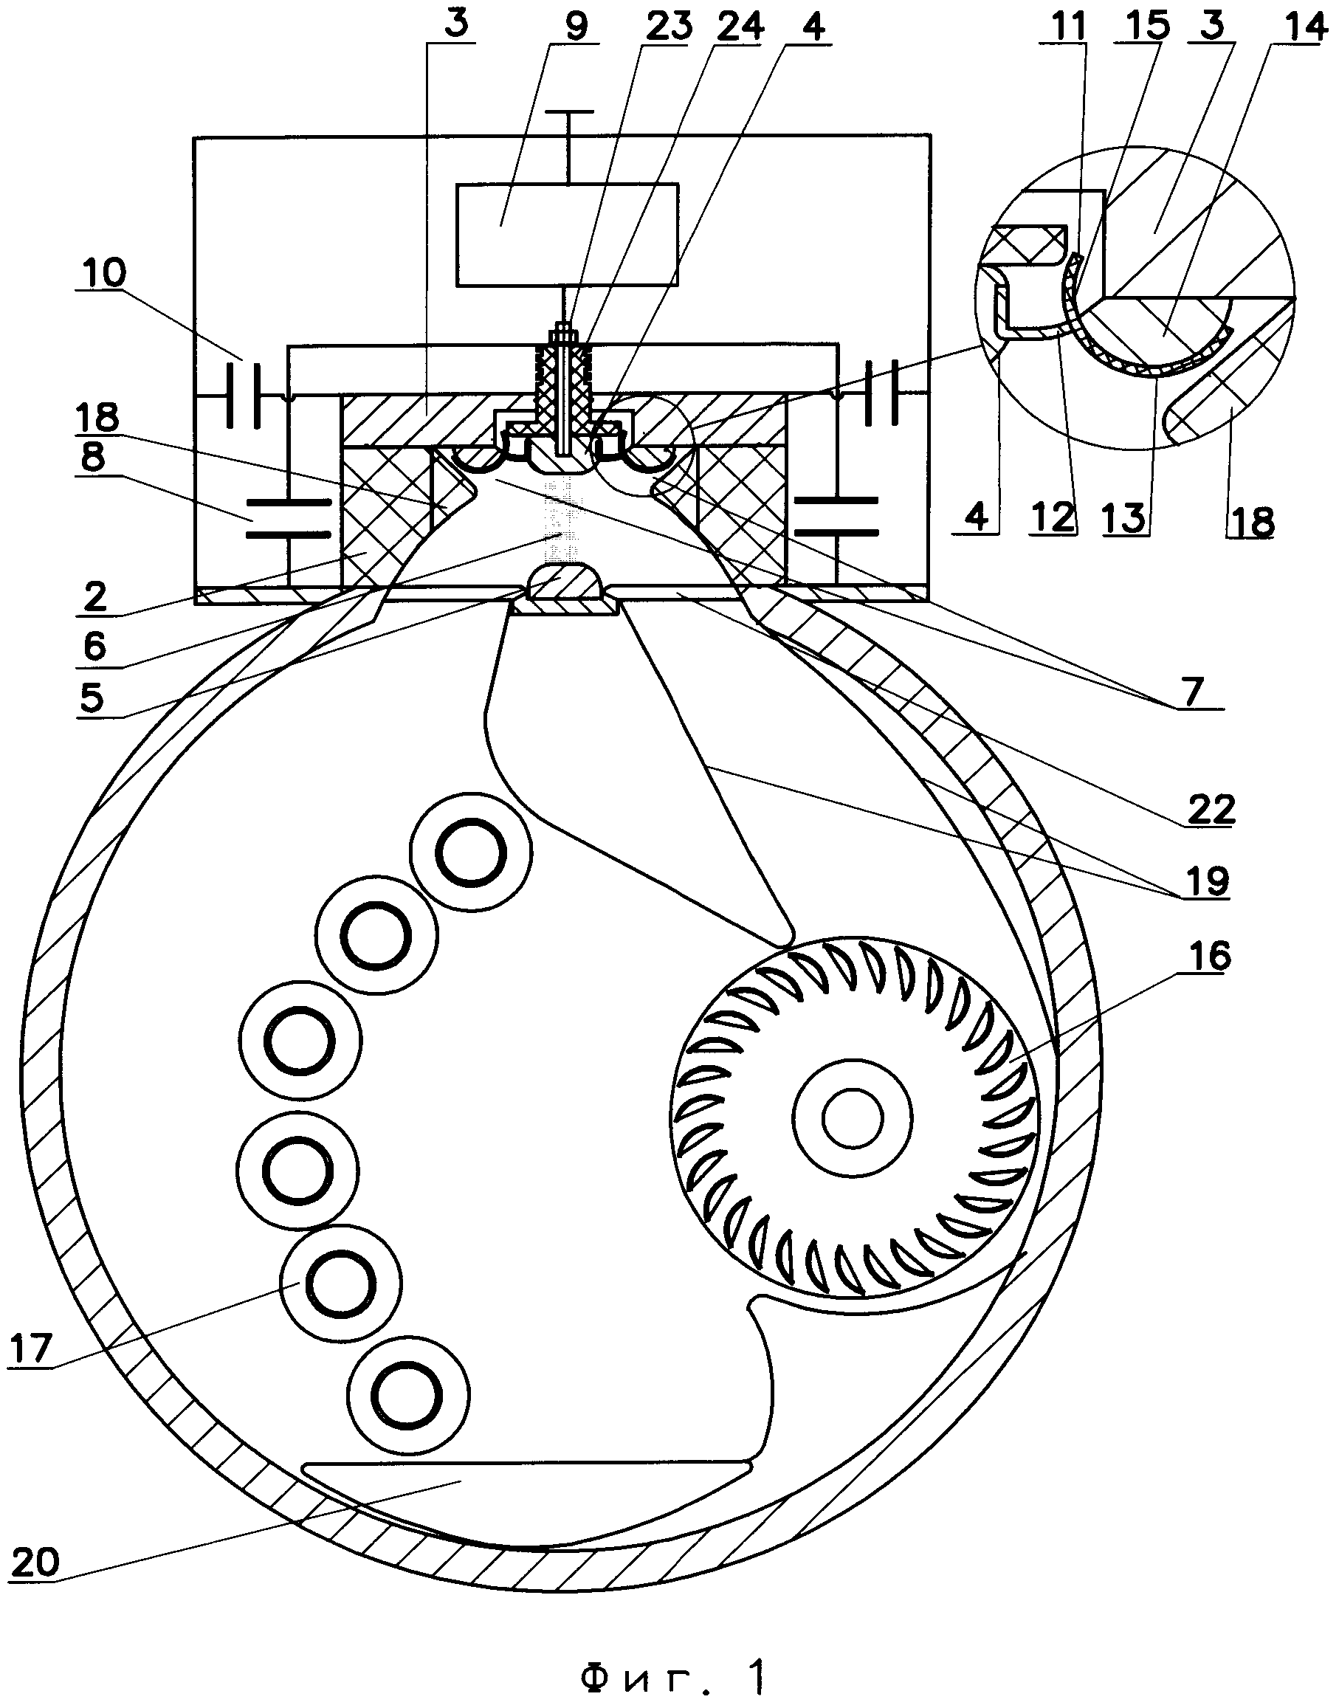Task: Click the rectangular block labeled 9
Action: (x=568, y=235)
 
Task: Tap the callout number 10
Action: (x=102, y=275)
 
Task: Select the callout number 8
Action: (x=92, y=458)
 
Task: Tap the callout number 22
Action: (x=1211, y=809)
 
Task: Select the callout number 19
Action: (x=1208, y=882)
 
